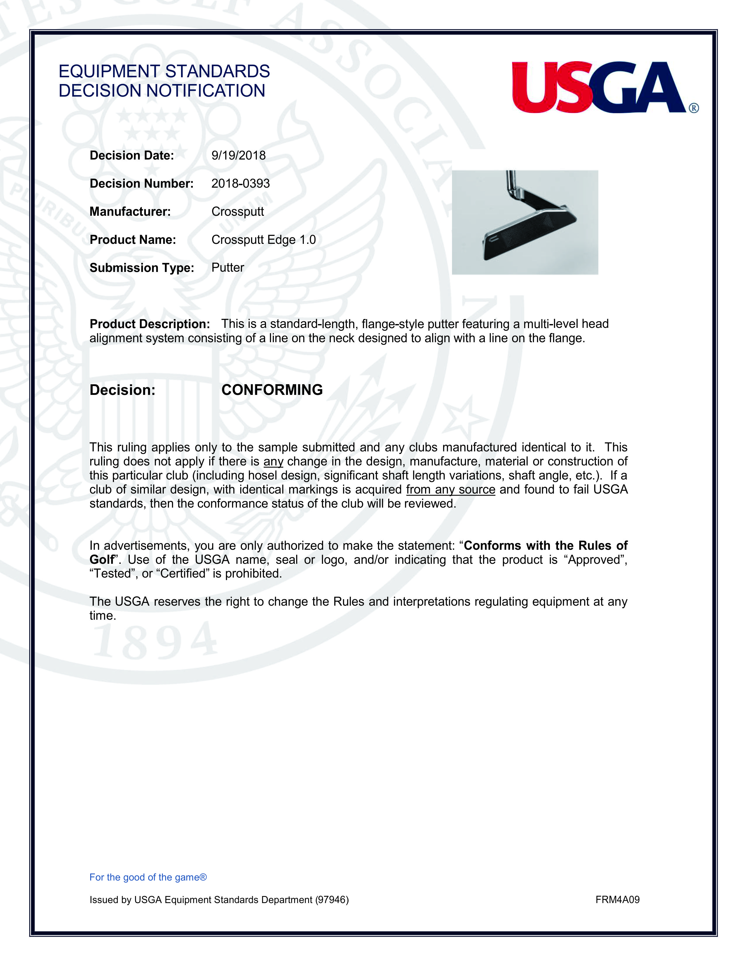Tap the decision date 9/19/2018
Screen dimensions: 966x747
tap(238, 156)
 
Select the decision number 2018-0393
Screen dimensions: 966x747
tap(240, 184)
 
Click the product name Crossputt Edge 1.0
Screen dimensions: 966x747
tap(263, 240)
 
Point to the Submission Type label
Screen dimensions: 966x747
tap(141, 268)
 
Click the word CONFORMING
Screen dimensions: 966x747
tap(272, 390)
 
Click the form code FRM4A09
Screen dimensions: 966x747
tap(617, 900)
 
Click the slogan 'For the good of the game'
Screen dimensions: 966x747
tap(148, 877)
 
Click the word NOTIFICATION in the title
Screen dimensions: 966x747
tap(206, 91)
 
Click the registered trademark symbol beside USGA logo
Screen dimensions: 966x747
tap(693, 108)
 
